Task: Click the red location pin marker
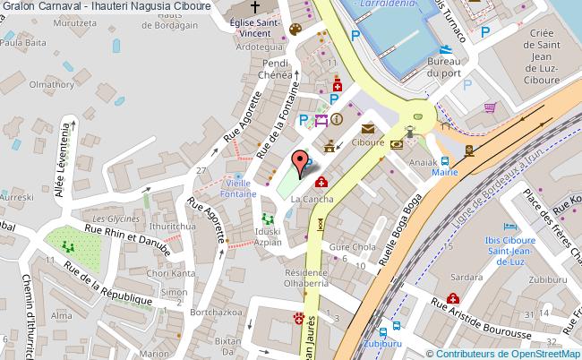[304, 162]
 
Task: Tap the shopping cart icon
[489, 107]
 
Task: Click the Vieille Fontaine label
[240, 186]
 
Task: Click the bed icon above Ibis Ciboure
[510, 227]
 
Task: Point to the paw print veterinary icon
[298, 317]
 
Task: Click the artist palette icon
[295, 30]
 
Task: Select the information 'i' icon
[337, 118]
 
